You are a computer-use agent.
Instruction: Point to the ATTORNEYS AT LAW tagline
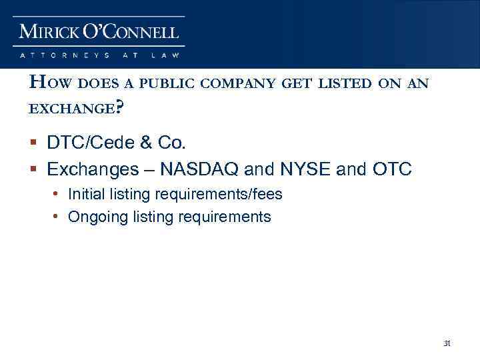[x=99, y=55]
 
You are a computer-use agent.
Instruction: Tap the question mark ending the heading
[x=119, y=107]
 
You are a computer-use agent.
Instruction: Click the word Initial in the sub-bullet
[x=86, y=195]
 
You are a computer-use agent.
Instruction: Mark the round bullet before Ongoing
[x=59, y=217]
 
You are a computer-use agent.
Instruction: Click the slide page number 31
[x=447, y=344]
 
